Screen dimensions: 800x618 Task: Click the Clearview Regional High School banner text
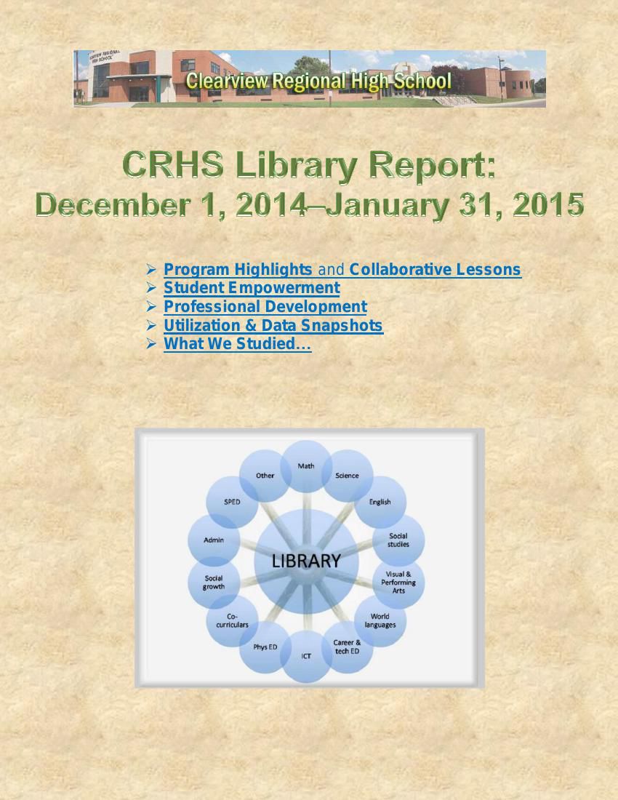[x=318, y=80]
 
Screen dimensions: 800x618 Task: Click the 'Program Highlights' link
[x=238, y=270]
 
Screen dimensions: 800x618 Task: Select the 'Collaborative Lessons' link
[x=435, y=270]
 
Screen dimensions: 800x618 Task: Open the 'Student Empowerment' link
[x=252, y=288]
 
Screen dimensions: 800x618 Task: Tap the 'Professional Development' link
[x=265, y=307]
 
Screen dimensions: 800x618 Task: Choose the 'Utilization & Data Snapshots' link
[x=273, y=326]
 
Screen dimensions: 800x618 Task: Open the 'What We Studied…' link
[x=237, y=344]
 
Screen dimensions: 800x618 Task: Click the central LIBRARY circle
[x=306, y=561]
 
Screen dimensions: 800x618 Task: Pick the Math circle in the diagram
[x=306, y=466]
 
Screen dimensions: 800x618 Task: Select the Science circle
[x=347, y=476]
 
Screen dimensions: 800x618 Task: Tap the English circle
[x=380, y=502]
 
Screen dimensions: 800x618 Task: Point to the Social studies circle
[x=398, y=540]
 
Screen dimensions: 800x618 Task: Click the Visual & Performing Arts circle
[x=398, y=582]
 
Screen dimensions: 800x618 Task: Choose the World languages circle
[x=380, y=620]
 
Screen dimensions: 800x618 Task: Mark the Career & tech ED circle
[x=347, y=647]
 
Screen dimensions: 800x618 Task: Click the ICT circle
[x=306, y=656]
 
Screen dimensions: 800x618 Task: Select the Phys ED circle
[x=265, y=647]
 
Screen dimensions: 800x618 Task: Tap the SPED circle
[x=232, y=502]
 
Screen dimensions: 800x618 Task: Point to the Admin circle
[x=214, y=540]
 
